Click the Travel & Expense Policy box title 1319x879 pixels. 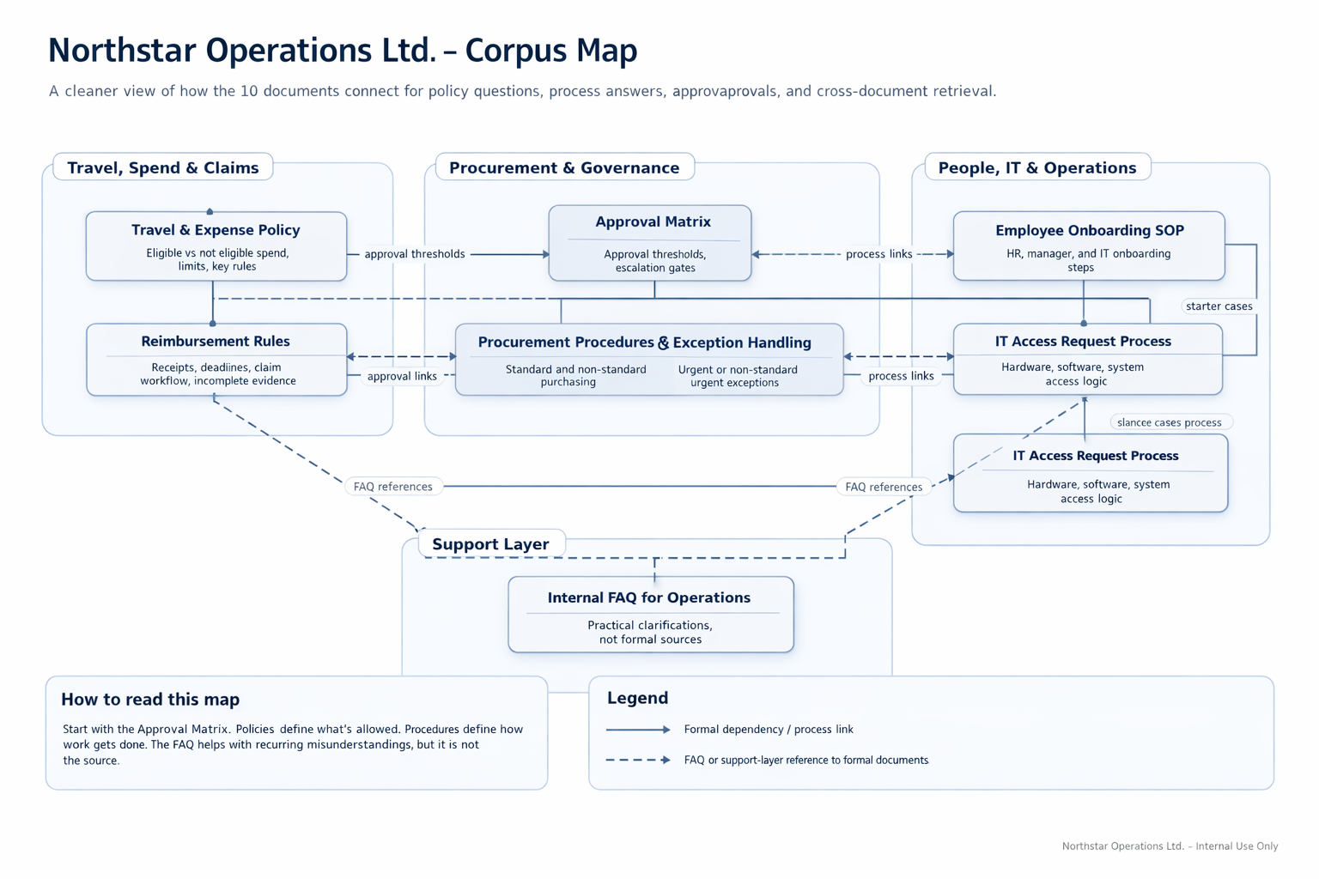216,230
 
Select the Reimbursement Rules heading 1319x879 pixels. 216,342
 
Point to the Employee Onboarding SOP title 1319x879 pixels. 1089,230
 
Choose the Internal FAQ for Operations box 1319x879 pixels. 650,614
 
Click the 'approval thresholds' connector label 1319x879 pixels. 414,254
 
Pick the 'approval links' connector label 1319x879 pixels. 402,376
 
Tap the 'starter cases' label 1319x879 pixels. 1219,306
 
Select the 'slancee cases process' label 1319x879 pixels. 1169,422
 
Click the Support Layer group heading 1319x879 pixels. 490,544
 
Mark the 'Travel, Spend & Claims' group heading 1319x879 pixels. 163,167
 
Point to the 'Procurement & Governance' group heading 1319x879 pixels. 564,167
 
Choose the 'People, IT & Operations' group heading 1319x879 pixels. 1037,167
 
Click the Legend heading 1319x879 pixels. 637,698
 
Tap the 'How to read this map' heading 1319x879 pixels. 150,700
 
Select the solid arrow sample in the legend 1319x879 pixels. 637,730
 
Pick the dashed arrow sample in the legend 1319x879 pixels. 637,760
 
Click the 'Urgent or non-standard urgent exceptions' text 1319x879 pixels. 737,376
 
